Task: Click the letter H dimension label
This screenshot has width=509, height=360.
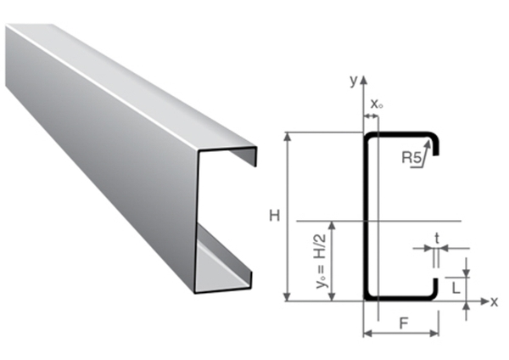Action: pyautogui.click(x=275, y=216)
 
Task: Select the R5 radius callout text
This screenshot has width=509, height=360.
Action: pyautogui.click(x=411, y=158)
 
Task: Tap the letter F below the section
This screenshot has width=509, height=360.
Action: pyautogui.click(x=404, y=323)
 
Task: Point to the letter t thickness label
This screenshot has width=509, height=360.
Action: pyautogui.click(x=437, y=239)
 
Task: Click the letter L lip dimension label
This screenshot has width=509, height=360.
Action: pyautogui.click(x=456, y=288)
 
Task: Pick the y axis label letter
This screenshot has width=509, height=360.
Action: pyautogui.click(x=354, y=80)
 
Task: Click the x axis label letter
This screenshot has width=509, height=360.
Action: pyautogui.click(x=494, y=302)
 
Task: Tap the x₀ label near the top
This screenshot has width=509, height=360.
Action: pyautogui.click(x=376, y=104)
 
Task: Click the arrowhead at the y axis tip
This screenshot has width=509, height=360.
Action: pyautogui.click(x=364, y=79)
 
